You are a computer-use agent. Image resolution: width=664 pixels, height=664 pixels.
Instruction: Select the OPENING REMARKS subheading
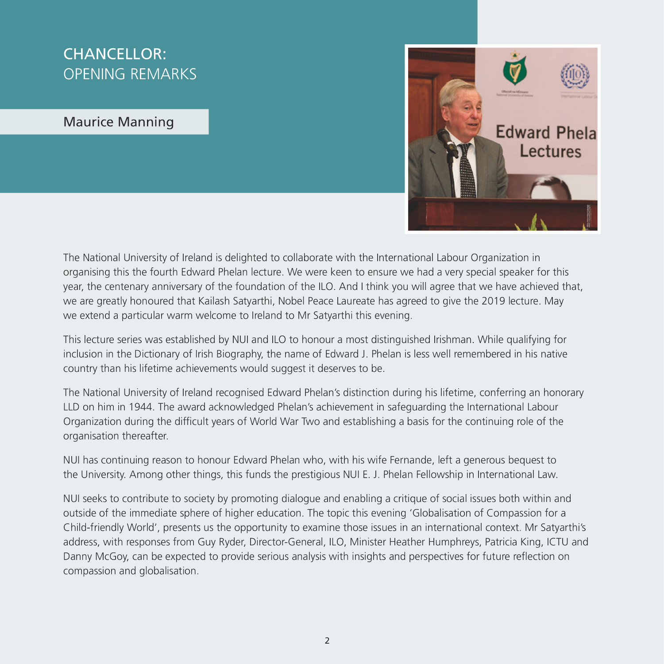click(x=130, y=74)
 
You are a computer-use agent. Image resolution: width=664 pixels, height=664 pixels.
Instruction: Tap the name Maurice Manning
click(x=119, y=122)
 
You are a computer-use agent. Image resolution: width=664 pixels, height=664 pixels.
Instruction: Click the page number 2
click(x=327, y=641)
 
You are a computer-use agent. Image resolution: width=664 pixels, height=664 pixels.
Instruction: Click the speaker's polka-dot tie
click(x=467, y=173)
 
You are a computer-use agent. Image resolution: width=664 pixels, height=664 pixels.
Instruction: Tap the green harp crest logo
click(x=514, y=71)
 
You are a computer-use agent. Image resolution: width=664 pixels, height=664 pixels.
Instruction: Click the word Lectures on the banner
click(x=550, y=151)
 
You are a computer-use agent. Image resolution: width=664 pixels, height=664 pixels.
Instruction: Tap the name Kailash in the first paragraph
click(x=214, y=301)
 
